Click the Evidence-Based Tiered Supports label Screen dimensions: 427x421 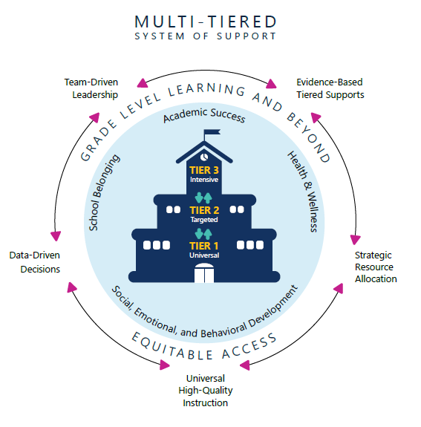(x=330, y=88)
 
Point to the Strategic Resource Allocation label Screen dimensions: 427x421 (x=376, y=267)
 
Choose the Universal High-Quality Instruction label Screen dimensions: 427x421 (x=206, y=391)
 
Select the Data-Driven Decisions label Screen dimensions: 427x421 (x=35, y=262)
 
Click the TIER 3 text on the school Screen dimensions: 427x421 (x=203, y=170)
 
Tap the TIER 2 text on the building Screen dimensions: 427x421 (x=203, y=210)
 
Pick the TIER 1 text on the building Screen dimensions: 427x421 (x=203, y=246)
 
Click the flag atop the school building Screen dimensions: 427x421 (x=212, y=134)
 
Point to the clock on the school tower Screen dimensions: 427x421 (x=203, y=157)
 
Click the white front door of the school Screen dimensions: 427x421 (x=203, y=274)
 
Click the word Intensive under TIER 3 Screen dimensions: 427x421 (x=203, y=180)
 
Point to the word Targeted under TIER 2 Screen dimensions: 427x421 (x=203, y=220)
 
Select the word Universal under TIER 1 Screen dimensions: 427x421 (x=203, y=255)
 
